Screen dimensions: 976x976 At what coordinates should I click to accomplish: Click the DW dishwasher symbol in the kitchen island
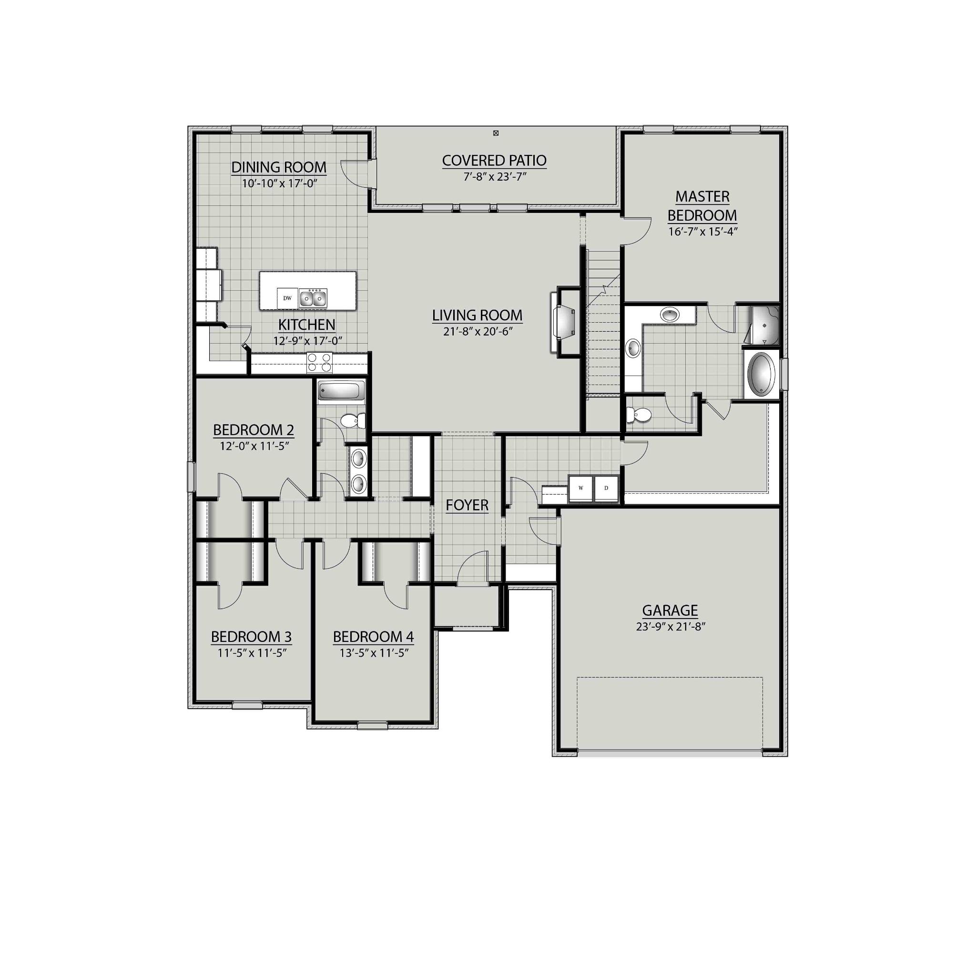pyautogui.click(x=287, y=298)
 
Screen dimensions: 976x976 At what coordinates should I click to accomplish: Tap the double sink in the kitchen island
pyautogui.click(x=313, y=298)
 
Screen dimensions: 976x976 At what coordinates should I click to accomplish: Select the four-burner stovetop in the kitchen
pyautogui.click(x=320, y=363)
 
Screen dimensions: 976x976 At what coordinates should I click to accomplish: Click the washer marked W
pyautogui.click(x=581, y=488)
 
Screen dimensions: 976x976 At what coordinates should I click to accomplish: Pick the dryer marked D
pyautogui.click(x=606, y=488)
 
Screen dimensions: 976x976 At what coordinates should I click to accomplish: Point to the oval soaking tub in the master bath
pyautogui.click(x=761, y=375)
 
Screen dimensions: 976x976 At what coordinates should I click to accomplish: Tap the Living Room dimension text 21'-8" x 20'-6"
pyautogui.click(x=477, y=331)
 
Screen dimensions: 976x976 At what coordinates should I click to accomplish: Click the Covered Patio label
pyautogui.click(x=494, y=160)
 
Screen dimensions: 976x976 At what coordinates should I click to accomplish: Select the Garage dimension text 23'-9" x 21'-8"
pyautogui.click(x=670, y=626)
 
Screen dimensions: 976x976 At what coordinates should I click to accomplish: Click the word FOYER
pyautogui.click(x=467, y=505)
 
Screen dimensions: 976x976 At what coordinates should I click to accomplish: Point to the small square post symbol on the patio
pyautogui.click(x=496, y=133)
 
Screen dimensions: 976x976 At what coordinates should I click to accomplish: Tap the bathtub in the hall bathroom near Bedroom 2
pyautogui.click(x=341, y=390)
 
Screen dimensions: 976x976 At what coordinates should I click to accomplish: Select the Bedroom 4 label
pyautogui.click(x=373, y=637)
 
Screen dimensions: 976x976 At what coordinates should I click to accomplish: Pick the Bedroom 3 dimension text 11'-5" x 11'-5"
pyautogui.click(x=252, y=653)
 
